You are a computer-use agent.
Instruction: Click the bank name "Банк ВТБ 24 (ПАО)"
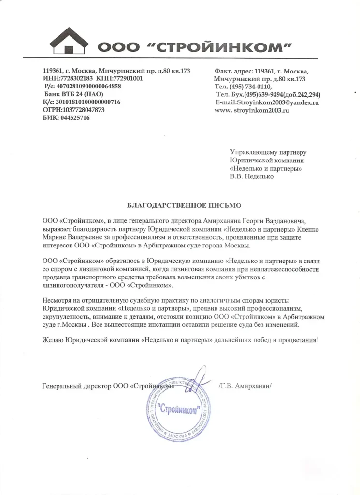coord(71,94)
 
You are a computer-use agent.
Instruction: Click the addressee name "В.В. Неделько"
coord(251,176)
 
